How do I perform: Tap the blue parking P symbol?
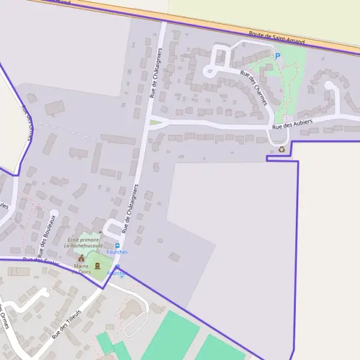[277, 56]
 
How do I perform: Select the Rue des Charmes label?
[254, 88]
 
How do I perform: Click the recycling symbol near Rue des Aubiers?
[281, 149]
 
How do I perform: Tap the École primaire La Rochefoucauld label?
[85, 243]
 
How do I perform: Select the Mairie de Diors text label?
[82, 269]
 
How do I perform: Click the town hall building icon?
[82, 258]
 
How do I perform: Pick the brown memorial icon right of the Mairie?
[97, 266]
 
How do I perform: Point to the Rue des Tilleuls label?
[66, 324]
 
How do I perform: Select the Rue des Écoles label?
[40, 262]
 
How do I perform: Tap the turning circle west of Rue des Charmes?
[208, 72]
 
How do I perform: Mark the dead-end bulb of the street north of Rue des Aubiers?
[329, 85]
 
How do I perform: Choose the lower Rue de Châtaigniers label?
[130, 208]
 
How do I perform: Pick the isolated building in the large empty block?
[174, 257]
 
